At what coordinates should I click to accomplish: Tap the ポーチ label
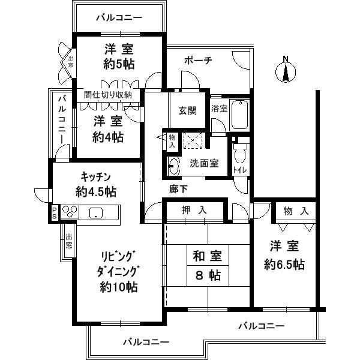[197, 61]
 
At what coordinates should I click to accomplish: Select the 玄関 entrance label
[188, 110]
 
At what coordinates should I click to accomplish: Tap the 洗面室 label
[203, 163]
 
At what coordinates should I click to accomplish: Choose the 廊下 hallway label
[178, 188]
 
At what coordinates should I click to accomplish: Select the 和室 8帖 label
[206, 266]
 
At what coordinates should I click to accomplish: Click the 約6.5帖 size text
[284, 264]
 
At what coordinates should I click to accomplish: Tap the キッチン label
[97, 177]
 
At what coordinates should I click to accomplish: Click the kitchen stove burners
[70, 212]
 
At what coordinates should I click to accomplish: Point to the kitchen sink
[95, 213]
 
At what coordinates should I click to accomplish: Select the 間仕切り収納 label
[112, 95]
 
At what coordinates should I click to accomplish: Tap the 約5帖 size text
[118, 65]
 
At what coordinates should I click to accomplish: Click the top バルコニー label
[119, 18]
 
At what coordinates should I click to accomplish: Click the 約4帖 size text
[109, 137]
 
